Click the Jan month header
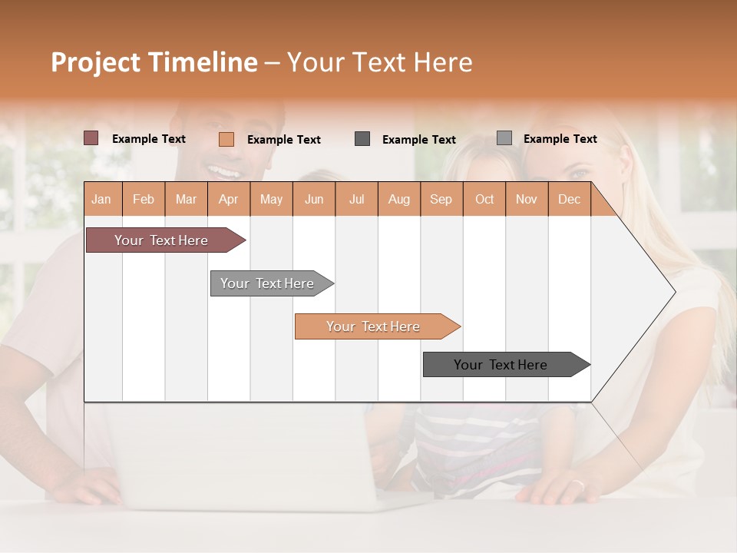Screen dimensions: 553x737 pos(102,199)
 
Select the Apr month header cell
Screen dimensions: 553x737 pos(229,199)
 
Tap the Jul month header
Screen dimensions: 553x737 pos(356,199)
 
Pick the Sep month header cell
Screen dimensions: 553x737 pos(441,199)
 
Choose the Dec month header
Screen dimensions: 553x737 pos(569,199)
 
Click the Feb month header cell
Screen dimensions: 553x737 pos(144,199)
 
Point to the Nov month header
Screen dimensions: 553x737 pos(527,199)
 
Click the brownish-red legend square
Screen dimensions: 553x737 pos(91,138)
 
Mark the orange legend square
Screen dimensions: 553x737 pos(226,139)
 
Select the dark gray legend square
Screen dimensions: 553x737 pos(362,139)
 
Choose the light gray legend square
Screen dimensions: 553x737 pos(504,138)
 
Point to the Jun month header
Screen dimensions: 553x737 pos(314,199)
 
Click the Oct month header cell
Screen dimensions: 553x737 pos(484,199)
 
